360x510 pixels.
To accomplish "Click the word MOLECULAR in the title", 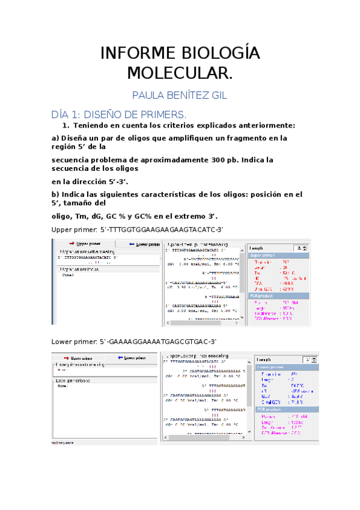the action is (x=178, y=73).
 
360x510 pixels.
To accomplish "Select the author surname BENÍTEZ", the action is (x=182, y=96).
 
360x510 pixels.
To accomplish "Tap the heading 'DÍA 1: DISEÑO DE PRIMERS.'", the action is (x=119, y=114).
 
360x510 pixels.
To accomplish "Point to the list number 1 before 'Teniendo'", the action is (x=66, y=126).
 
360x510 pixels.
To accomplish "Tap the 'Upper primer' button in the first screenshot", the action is (x=82, y=245).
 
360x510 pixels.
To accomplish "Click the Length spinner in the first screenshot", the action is (x=299, y=247).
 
